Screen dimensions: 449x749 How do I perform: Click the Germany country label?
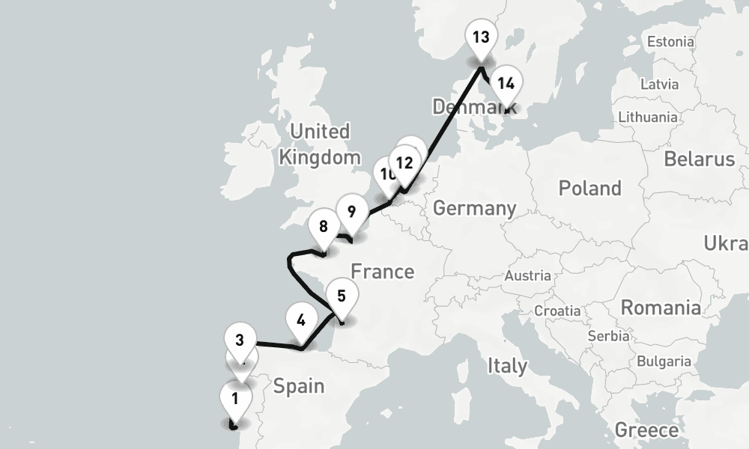(474, 208)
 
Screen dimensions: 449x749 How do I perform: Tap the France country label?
(382, 271)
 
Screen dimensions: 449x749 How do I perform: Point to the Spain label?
(299, 386)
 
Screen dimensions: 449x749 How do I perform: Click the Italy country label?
(507, 366)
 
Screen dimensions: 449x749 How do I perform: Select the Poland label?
(590, 188)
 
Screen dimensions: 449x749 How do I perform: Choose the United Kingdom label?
(319, 144)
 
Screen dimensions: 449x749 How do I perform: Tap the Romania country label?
(661, 308)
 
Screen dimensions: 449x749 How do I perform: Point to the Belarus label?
(699, 159)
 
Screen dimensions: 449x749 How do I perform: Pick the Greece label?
(646, 430)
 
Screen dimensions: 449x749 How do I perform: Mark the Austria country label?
(527, 276)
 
